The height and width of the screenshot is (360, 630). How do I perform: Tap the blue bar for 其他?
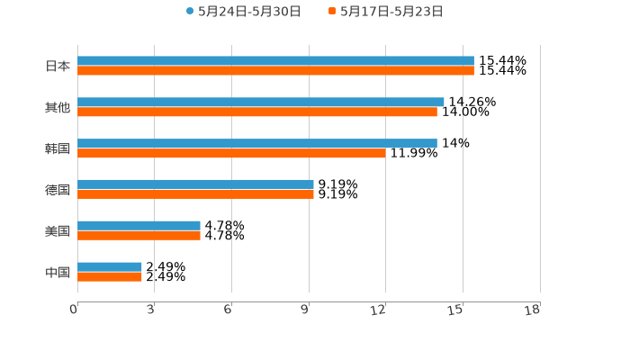[261, 103]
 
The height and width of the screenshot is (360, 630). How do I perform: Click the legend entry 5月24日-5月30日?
[243, 12]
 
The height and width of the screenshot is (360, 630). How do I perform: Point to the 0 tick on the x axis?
[74, 310]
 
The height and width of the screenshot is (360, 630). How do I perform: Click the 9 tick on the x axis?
[306, 310]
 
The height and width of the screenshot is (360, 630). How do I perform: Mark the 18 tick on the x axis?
[533, 310]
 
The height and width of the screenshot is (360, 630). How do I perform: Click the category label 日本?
[58, 66]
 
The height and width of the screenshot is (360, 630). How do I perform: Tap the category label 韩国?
[58, 148]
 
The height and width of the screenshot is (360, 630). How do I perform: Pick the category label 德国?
[58, 190]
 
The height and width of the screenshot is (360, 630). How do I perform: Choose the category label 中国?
[58, 272]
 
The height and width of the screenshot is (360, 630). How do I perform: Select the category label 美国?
[58, 231]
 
